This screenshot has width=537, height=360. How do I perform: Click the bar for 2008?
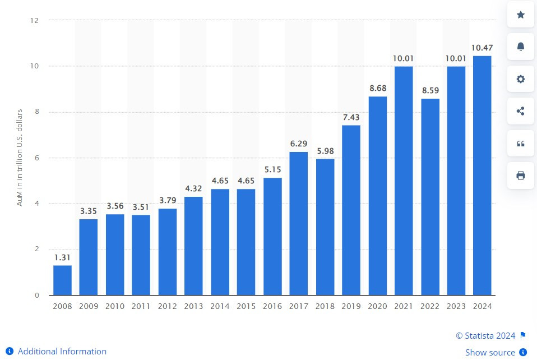(x=62, y=280)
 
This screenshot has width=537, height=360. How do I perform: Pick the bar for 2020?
(x=377, y=196)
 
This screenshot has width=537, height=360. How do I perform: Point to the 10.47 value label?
(x=482, y=48)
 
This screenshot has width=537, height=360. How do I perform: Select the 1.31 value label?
(x=62, y=257)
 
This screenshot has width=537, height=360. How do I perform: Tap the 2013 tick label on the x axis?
(x=193, y=306)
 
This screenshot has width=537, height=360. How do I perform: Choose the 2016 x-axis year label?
(x=272, y=306)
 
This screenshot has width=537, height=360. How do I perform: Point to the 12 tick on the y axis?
(x=35, y=20)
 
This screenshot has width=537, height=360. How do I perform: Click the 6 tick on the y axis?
(x=36, y=158)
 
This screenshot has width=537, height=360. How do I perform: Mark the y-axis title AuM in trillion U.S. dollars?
(x=20, y=158)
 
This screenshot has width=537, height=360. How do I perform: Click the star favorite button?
(x=520, y=15)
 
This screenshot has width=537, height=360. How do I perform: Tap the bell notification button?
(x=520, y=47)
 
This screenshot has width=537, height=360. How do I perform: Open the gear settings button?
(x=520, y=79)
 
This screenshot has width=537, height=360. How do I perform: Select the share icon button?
(x=520, y=111)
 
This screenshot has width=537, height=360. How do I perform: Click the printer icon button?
(x=520, y=176)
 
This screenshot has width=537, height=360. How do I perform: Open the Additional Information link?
(x=62, y=352)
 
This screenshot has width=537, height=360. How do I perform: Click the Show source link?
(x=490, y=352)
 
